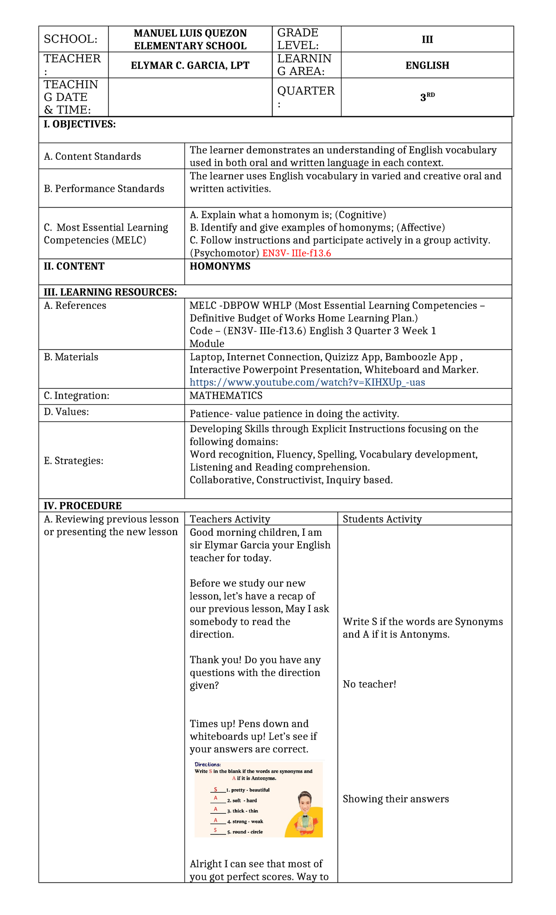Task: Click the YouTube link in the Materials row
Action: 307,382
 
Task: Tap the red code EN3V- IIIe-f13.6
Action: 297,253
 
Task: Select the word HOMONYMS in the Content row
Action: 220,266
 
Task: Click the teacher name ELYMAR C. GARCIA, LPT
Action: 190,65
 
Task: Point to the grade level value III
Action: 427,39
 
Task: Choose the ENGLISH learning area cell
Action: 427,65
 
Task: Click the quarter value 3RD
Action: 427,97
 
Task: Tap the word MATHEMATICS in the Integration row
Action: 226,395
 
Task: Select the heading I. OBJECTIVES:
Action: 80,124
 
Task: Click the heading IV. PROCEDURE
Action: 82,506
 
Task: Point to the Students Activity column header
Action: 382,519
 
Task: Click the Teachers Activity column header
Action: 230,519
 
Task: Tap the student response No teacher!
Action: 369,684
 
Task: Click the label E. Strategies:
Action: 74,461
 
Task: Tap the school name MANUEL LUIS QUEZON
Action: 190,33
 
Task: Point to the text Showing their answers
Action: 396,799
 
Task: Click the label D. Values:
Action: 66,412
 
